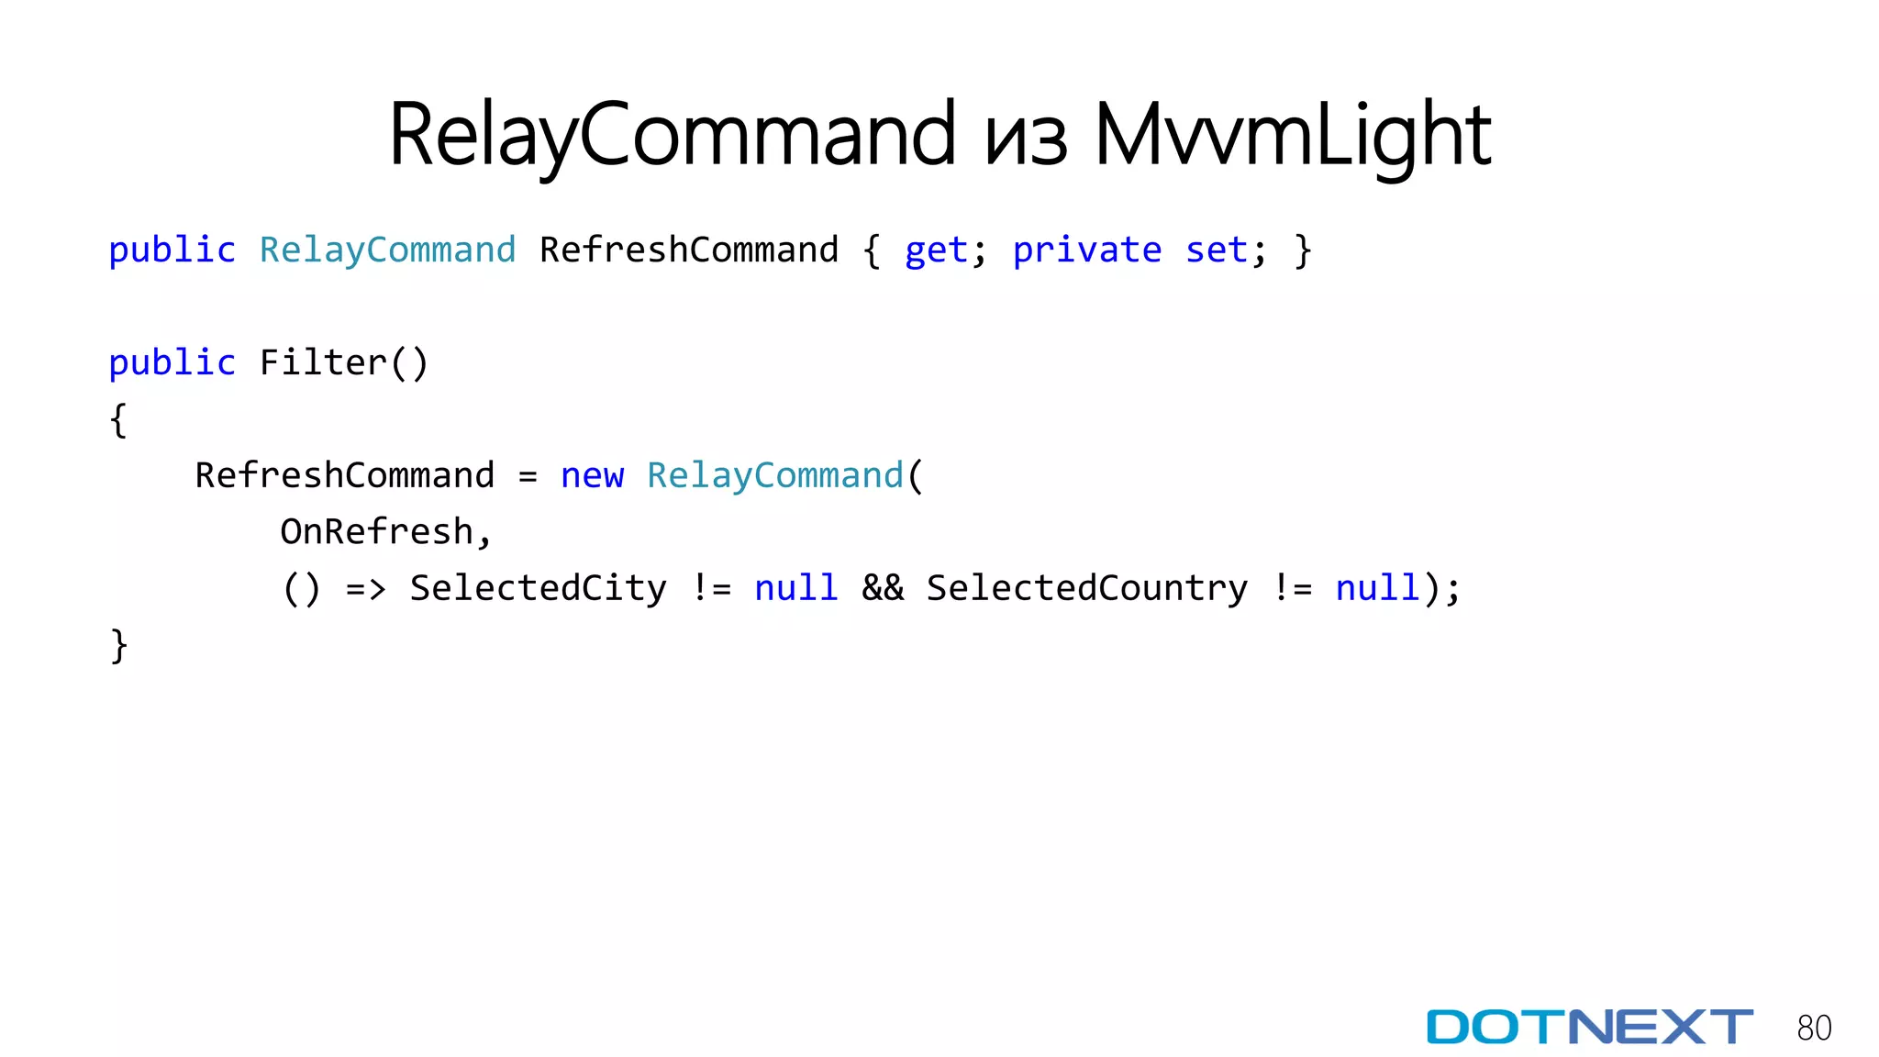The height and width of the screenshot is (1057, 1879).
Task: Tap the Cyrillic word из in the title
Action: (1026, 139)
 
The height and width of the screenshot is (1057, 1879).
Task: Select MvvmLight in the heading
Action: (1293, 136)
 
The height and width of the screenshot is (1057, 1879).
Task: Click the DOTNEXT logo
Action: (1589, 1027)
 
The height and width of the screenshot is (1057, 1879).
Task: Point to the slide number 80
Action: (1814, 1028)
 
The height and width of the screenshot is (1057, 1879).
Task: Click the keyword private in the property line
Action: (1087, 250)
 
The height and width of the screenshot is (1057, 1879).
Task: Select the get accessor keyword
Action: (936, 250)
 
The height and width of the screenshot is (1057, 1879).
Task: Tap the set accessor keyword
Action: (1217, 250)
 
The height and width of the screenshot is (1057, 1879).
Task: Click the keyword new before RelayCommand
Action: (592, 476)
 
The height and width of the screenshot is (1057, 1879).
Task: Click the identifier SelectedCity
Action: (538, 588)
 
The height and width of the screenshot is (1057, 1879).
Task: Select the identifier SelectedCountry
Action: (1086, 588)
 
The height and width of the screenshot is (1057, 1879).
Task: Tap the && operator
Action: (883, 588)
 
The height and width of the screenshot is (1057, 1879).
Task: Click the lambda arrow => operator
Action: (365, 588)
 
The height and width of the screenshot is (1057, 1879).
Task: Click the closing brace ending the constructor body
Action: (118, 645)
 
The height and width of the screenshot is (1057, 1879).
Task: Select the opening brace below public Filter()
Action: (118, 420)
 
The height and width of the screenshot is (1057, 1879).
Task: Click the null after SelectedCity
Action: (795, 588)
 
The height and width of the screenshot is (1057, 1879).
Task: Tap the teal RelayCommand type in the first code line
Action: (387, 250)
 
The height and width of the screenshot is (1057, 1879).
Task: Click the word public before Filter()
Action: (172, 363)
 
